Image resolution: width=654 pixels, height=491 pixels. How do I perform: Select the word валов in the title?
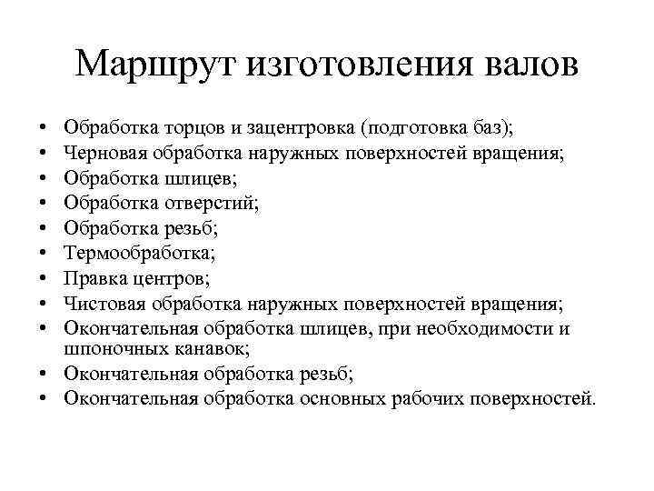tap(521, 64)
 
